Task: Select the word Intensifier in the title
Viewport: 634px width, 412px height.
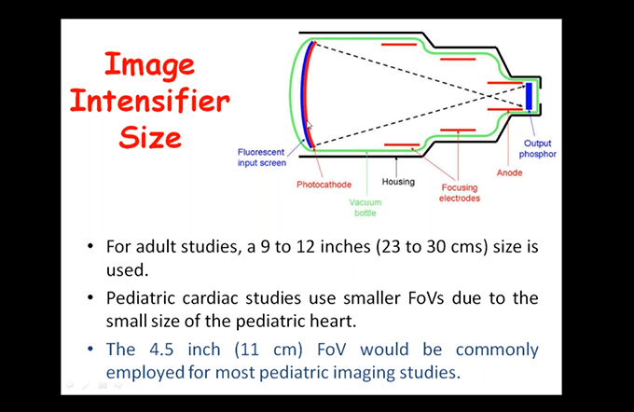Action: [150, 101]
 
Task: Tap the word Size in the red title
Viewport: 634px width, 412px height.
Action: [150, 137]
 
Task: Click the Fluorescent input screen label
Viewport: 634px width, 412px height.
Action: [262, 158]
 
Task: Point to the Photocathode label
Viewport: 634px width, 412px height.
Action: [324, 185]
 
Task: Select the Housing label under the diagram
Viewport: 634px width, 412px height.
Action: [398, 182]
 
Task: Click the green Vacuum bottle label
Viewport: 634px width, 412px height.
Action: [365, 208]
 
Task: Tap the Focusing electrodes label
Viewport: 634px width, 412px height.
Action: [460, 193]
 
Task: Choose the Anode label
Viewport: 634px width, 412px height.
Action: [509, 172]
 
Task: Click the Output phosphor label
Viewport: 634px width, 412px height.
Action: [537, 149]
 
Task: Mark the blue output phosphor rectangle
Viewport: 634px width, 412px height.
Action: [529, 96]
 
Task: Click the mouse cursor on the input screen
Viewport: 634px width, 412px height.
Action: [309, 125]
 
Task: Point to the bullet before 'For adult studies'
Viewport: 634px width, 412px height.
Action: [90, 246]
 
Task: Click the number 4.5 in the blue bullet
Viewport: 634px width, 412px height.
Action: [161, 350]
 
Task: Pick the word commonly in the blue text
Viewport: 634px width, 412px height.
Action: [497, 350]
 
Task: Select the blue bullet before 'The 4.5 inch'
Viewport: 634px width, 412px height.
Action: [90, 349]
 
